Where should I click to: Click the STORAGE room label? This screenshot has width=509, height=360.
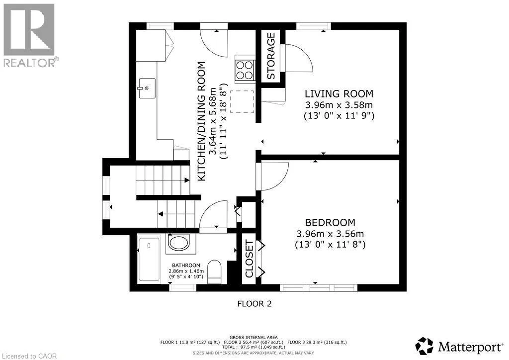tap(271, 56)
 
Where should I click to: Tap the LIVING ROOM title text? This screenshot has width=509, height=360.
tap(339, 94)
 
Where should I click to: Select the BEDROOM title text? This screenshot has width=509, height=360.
tap(330, 222)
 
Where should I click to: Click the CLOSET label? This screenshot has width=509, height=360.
tap(250, 259)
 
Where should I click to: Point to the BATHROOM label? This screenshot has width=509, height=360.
tap(186, 265)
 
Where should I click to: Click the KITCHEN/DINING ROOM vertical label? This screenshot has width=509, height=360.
tap(202, 121)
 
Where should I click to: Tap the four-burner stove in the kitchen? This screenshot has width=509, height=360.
tap(245, 70)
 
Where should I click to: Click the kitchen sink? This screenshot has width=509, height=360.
tap(147, 88)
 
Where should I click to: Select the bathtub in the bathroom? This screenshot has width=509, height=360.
tap(149, 260)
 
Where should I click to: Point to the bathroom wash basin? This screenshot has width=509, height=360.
tap(177, 243)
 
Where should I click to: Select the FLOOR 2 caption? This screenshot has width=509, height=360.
tap(254, 304)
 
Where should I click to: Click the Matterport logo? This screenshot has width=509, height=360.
tap(459, 347)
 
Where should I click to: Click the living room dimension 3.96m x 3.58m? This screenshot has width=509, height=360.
tap(339, 105)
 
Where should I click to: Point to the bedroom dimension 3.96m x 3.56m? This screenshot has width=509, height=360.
tap(330, 234)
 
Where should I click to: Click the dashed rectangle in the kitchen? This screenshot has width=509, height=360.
tap(242, 101)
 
